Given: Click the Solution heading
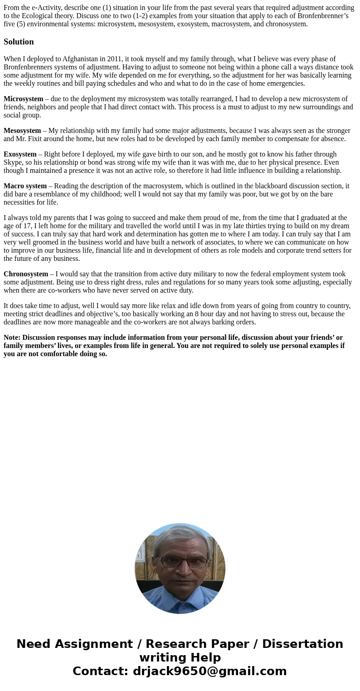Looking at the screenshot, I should coord(19,42).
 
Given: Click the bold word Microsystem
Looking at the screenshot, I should coord(24,99).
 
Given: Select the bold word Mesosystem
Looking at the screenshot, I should coord(22,131).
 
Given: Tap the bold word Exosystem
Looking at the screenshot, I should coord(20,154).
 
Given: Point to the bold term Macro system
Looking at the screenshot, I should coord(25,186).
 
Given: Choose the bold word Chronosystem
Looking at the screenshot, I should coord(26,274).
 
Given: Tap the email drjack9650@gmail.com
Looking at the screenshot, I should coord(209,671).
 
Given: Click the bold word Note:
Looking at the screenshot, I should coord(12,338).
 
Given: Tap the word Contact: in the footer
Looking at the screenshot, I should coord(101,671).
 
